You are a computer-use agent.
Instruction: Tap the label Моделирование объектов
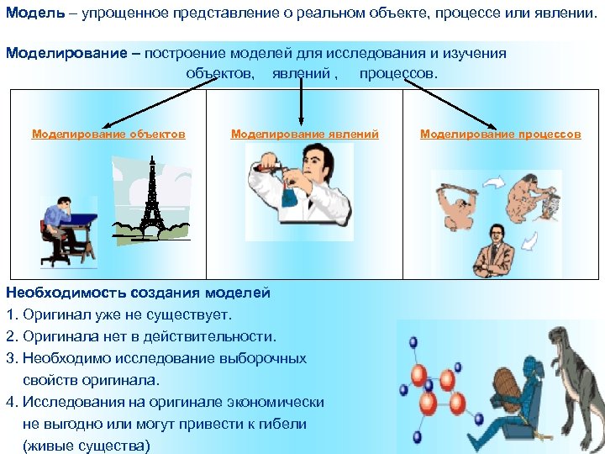point(108,134)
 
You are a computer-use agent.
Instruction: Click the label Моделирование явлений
point(304,134)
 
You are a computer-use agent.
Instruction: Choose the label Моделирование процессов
point(500,134)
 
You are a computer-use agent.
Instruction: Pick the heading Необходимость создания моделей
point(138,293)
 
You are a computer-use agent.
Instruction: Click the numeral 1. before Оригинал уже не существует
point(11,314)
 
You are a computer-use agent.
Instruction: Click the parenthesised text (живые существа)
point(87,446)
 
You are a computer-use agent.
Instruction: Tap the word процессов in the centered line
point(398,73)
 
